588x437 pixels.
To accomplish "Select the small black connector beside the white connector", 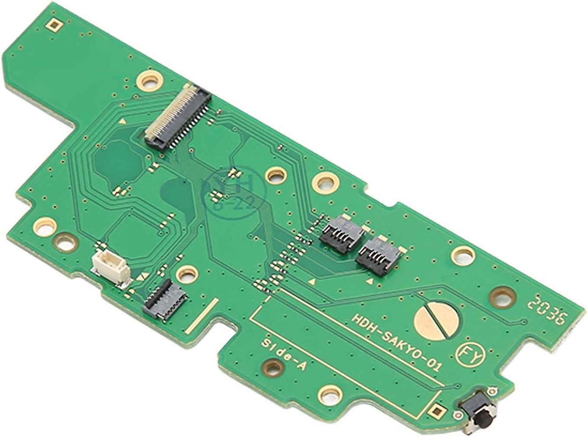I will coord(165,298).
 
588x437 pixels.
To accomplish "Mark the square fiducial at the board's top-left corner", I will coord(54,26).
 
